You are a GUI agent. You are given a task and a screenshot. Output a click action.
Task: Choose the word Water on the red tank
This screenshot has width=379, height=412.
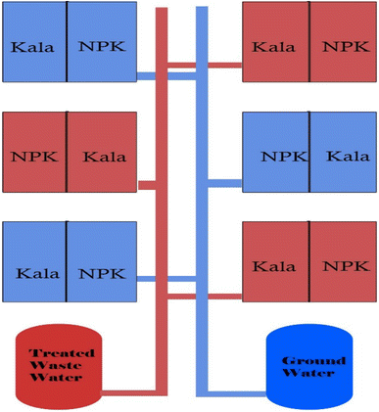point(59,378)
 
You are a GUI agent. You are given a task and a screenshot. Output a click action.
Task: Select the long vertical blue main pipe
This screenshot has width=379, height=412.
point(202,196)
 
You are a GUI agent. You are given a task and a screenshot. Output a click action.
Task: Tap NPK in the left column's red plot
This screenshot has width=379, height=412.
point(33,157)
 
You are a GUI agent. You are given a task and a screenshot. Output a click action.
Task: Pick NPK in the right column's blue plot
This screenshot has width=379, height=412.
point(281,156)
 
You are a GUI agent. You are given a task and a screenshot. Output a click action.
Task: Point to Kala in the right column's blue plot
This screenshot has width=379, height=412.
point(348,156)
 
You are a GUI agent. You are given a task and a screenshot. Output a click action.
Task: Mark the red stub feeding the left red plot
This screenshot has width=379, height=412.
point(147,184)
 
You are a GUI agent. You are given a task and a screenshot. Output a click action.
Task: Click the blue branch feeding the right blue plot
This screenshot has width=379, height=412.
point(224,182)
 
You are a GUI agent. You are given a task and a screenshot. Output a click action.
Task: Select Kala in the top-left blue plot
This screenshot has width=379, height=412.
point(31,46)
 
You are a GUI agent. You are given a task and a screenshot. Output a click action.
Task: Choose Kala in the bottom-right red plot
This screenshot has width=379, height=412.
point(274,266)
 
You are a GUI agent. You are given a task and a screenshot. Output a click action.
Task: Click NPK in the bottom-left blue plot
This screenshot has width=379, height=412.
point(102,273)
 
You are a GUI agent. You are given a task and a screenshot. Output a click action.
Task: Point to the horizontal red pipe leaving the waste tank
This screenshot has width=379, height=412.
point(132,393)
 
